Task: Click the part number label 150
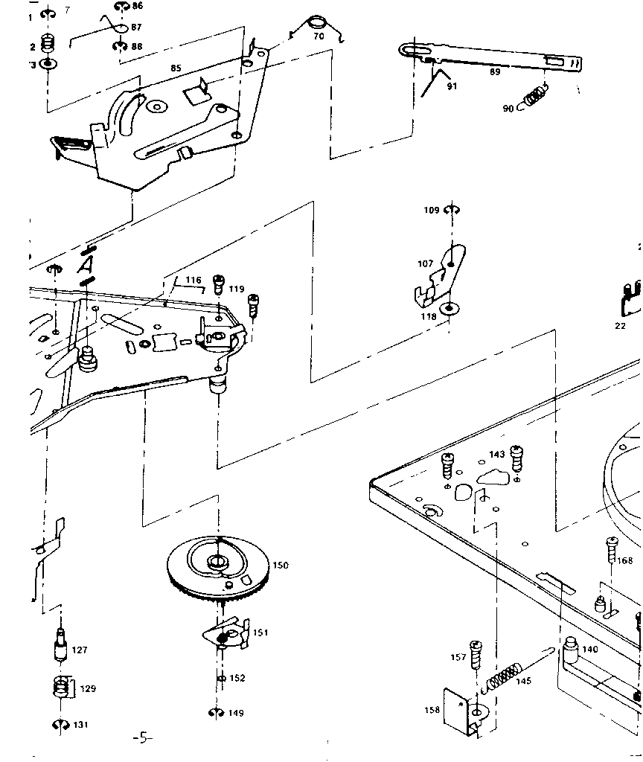280,566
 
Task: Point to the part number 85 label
176,68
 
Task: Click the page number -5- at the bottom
142,739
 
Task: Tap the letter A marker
87,265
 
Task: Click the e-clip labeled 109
452,211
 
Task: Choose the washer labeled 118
449,308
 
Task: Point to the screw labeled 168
612,552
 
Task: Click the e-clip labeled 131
60,725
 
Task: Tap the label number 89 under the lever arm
495,72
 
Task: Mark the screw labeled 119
219,284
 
